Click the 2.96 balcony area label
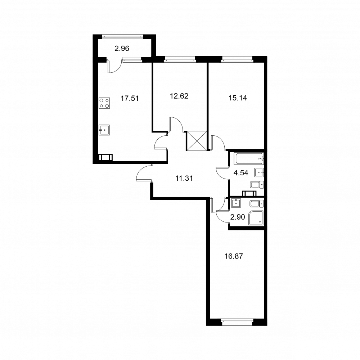[x=122, y=49]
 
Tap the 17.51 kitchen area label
[x=130, y=99]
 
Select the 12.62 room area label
[x=179, y=96]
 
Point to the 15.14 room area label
[x=238, y=98]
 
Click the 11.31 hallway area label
[x=184, y=178]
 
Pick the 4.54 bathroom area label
[x=241, y=173]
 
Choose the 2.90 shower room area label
[x=238, y=217]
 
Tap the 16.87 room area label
[x=234, y=256]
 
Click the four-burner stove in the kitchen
[x=104, y=103]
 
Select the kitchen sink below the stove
[x=104, y=130]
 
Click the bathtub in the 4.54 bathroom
[x=249, y=158]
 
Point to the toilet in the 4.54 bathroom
[x=257, y=184]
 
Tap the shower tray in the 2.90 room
[x=256, y=217]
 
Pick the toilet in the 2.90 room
[x=257, y=203]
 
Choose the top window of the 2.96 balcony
[x=123, y=36]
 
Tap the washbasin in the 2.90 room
[x=236, y=203]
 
